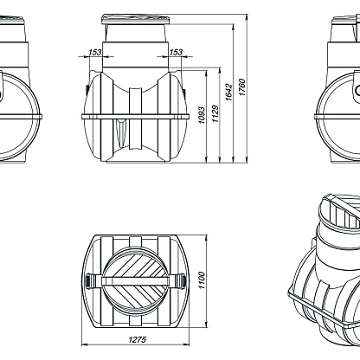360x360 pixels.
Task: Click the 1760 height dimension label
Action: tap(242, 87)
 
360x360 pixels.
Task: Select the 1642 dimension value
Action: tap(228, 92)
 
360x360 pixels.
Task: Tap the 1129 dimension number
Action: tap(215, 113)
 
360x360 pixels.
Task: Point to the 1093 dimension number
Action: tap(202, 115)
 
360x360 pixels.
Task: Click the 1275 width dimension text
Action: tap(138, 339)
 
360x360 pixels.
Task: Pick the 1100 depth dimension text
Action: tap(202, 280)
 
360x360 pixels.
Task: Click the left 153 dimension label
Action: tap(95, 52)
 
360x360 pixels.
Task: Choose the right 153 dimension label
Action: tap(176, 52)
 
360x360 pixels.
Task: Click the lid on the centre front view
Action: tap(136, 19)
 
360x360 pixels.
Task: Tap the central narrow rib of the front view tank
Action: tap(136, 119)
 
